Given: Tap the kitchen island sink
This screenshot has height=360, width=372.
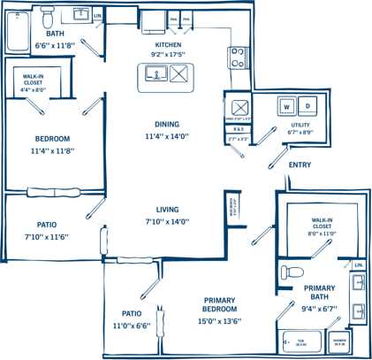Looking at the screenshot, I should [153, 78].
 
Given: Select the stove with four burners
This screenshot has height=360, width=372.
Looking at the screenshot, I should [238, 57].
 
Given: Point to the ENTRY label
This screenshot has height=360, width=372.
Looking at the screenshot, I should [300, 165].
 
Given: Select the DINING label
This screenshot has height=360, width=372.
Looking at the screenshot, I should [167, 125].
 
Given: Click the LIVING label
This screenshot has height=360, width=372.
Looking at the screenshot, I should [167, 210].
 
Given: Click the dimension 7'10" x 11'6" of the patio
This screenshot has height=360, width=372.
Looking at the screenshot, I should [47, 237].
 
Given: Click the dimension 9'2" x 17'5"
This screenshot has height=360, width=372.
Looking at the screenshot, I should [168, 54].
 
